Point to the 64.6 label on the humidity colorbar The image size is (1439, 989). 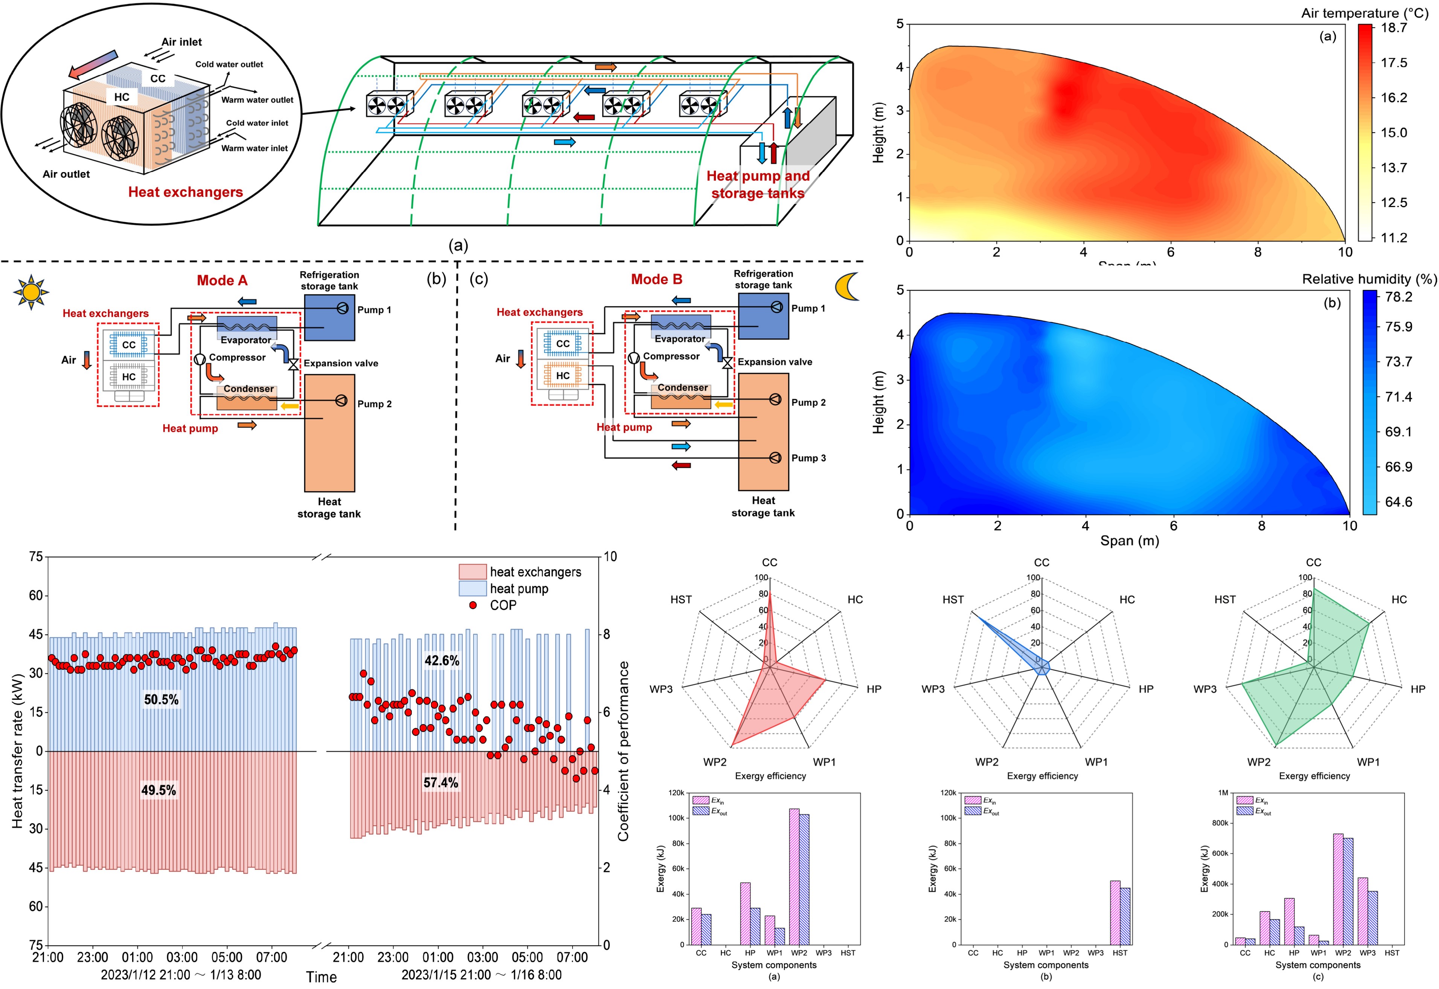click(1399, 502)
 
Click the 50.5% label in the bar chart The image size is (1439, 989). click(161, 699)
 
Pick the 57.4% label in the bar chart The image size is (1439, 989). click(440, 783)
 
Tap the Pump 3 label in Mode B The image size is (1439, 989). click(809, 458)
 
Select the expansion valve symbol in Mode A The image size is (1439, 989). click(293, 364)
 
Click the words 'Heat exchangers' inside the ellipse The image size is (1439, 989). click(185, 192)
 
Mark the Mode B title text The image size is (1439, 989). click(656, 279)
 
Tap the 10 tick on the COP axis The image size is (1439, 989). click(610, 556)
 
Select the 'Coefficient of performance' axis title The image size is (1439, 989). click(623, 751)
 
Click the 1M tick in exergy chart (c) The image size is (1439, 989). click(1223, 792)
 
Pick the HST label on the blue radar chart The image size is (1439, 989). click(953, 599)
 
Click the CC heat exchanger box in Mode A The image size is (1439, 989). click(129, 344)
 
